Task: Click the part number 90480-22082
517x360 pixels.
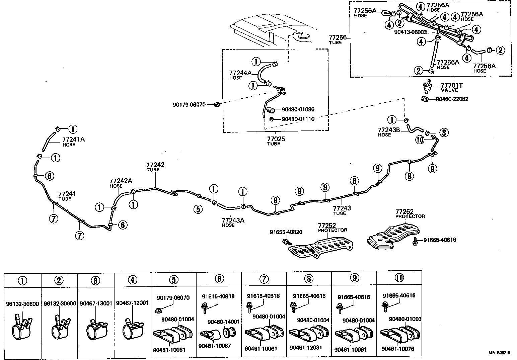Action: tap(452, 99)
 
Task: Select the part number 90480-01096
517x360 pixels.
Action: tap(298, 109)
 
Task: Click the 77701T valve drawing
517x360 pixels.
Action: tap(427, 87)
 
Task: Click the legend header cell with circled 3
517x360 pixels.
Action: tap(96, 280)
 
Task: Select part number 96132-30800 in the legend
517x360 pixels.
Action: tap(22, 303)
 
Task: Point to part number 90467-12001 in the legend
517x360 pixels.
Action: tap(132, 303)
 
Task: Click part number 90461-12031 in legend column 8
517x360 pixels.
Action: tap(305, 347)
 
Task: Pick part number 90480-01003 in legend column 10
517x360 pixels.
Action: tap(405, 319)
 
